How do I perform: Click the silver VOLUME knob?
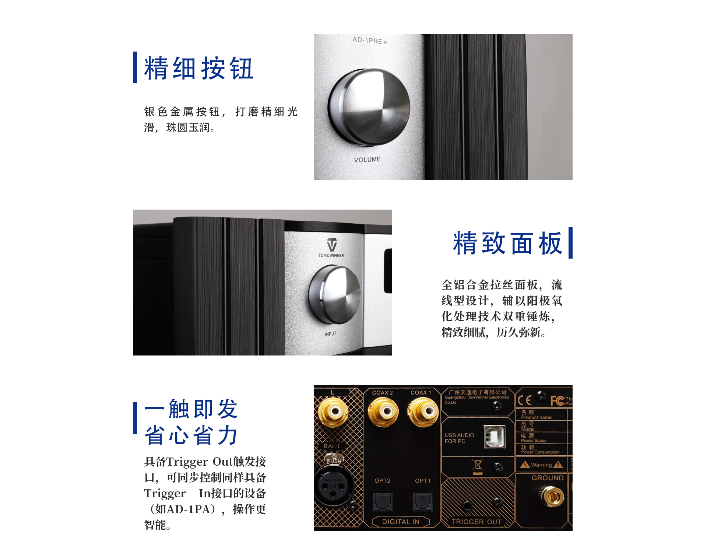click(x=369, y=107)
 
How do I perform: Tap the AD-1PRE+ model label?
click(x=370, y=41)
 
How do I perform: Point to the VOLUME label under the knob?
click(x=367, y=160)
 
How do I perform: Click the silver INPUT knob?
click(x=334, y=295)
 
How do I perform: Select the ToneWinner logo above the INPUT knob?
click(x=331, y=248)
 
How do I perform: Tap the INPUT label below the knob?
click(x=330, y=334)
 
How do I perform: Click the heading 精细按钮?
click(x=199, y=68)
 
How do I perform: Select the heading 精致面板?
click(x=508, y=243)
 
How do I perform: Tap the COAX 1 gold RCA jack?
click(x=423, y=412)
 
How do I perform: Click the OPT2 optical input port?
click(x=383, y=501)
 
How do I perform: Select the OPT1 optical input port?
click(x=422, y=501)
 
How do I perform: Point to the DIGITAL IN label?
click(x=401, y=522)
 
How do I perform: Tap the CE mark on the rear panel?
click(x=524, y=400)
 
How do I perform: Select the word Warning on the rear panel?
click(x=541, y=465)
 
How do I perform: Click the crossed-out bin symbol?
click(x=478, y=466)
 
